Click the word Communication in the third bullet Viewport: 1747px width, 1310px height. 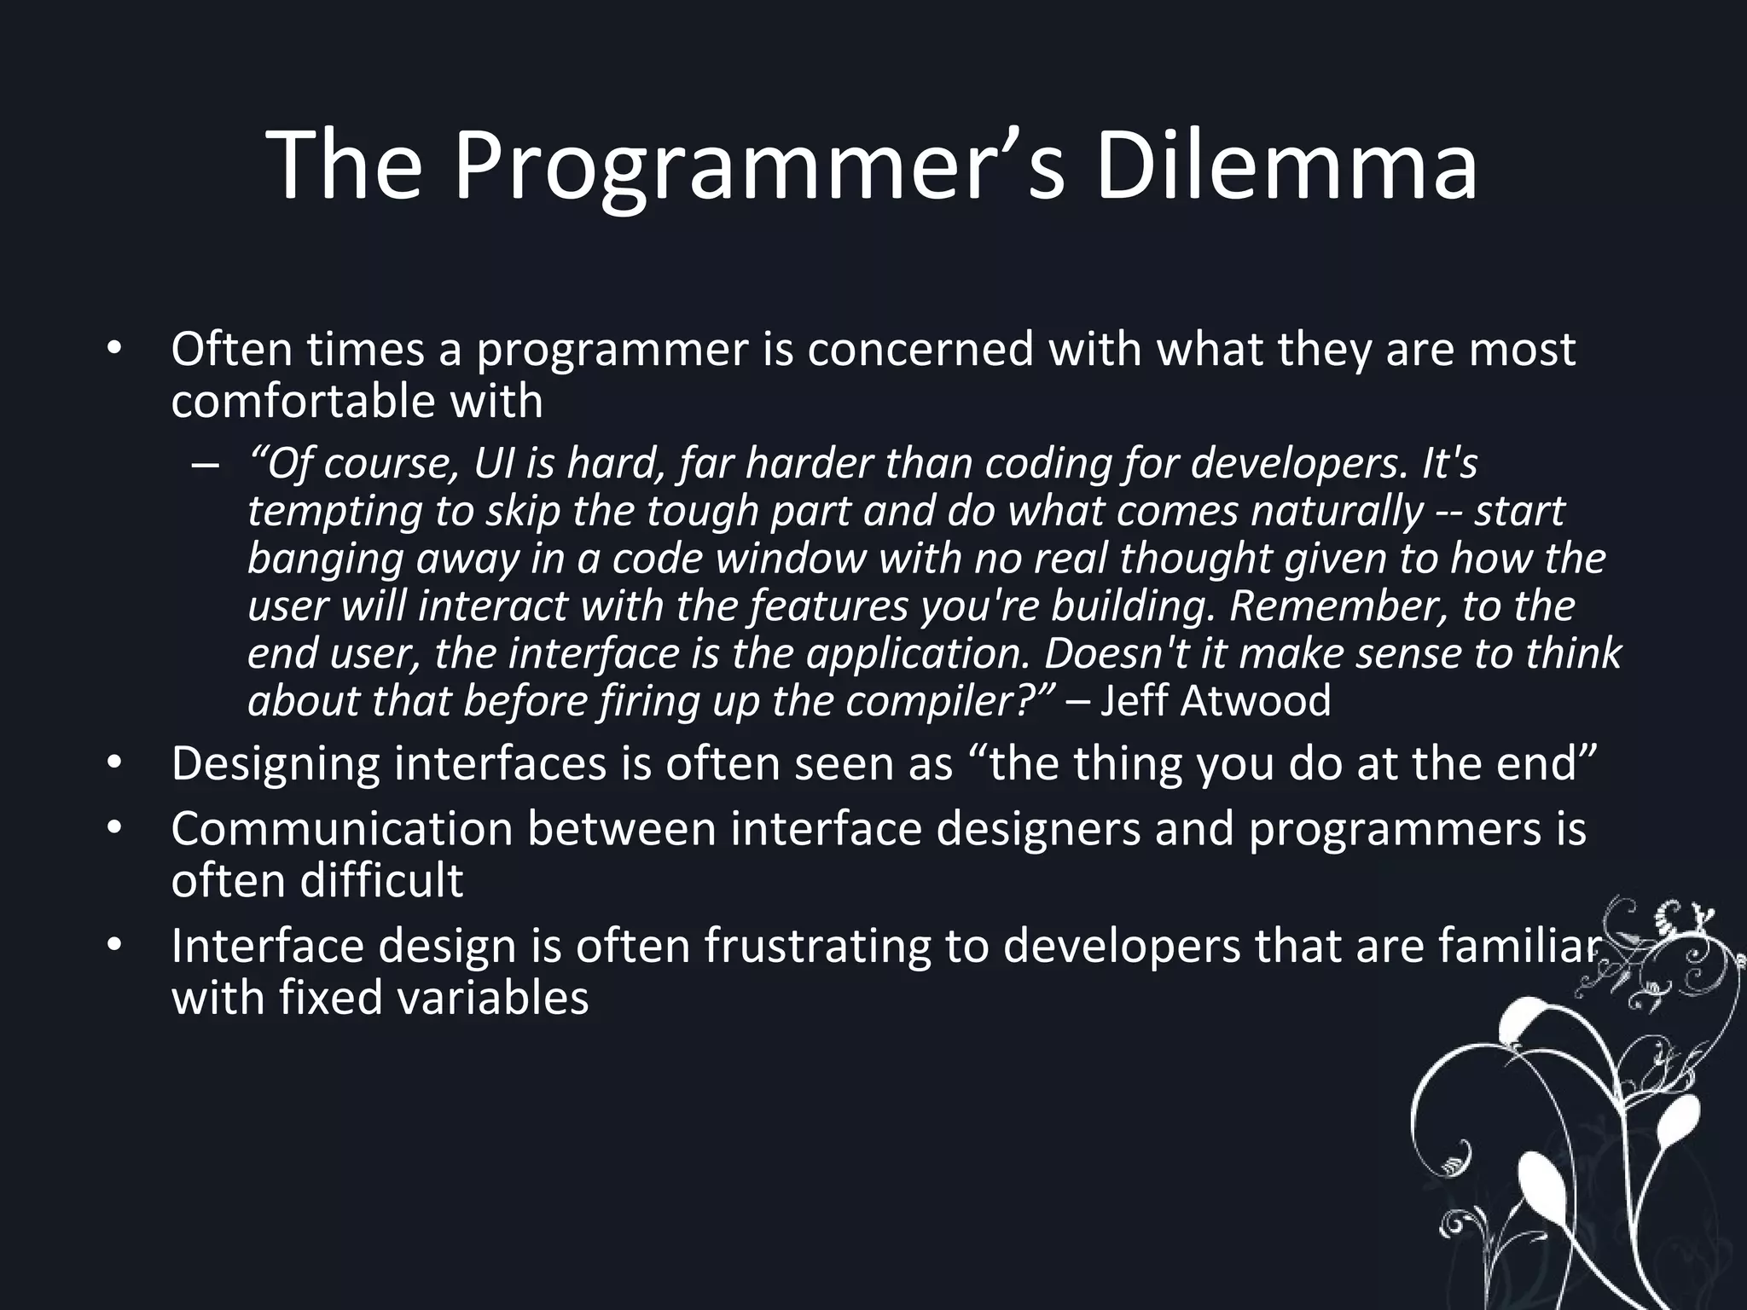[x=341, y=829]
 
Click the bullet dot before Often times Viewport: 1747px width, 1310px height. [x=114, y=350]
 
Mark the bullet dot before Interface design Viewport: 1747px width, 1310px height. [x=114, y=946]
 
